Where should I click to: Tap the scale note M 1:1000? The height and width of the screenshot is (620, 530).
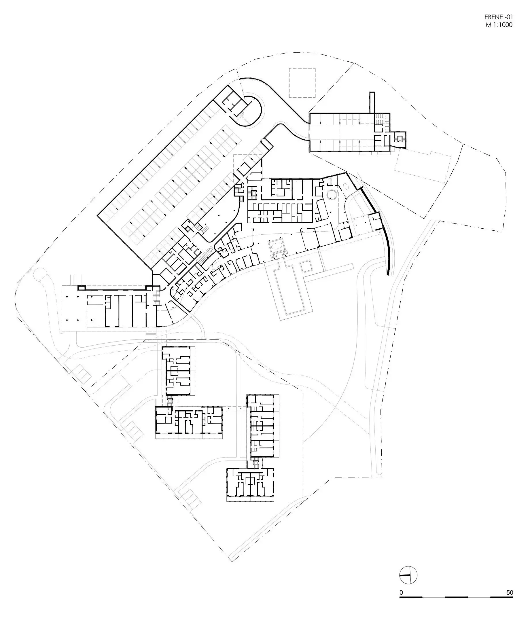(x=499, y=25)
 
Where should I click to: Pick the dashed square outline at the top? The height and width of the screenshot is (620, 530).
(x=302, y=83)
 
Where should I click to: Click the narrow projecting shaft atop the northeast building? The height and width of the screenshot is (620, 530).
(x=372, y=103)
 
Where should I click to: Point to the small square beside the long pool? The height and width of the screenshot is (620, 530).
(x=306, y=266)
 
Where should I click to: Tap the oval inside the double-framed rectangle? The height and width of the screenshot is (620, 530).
(x=277, y=246)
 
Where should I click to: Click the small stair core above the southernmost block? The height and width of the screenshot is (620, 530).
(x=255, y=462)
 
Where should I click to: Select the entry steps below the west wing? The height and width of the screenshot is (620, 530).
(x=151, y=333)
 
